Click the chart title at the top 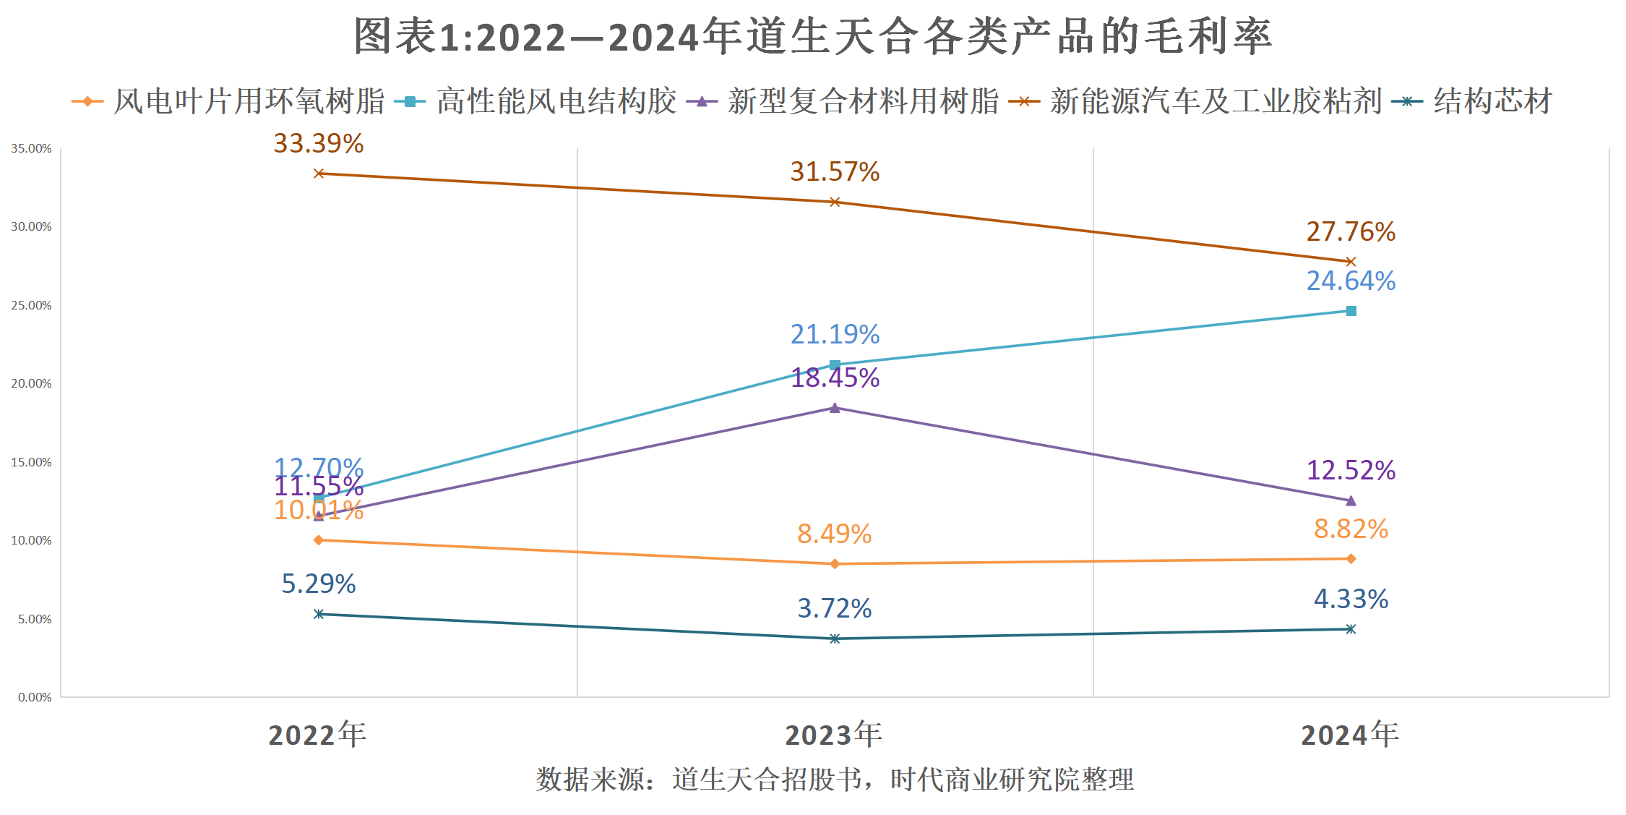pos(812,36)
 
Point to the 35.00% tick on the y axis pos(31,149)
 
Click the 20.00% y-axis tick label pos(31,384)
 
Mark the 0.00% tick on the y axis pos(35,698)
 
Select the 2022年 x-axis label pos(317,735)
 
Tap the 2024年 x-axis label pos(1350,735)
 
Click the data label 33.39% pos(318,144)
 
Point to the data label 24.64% pos(1351,281)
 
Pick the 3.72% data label pos(834,609)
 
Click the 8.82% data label pos(1351,529)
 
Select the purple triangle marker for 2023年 pos(835,408)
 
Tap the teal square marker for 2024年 pos(1351,311)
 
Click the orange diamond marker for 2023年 pos(835,564)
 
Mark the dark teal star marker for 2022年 pos(319,614)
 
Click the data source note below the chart pos(834,780)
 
